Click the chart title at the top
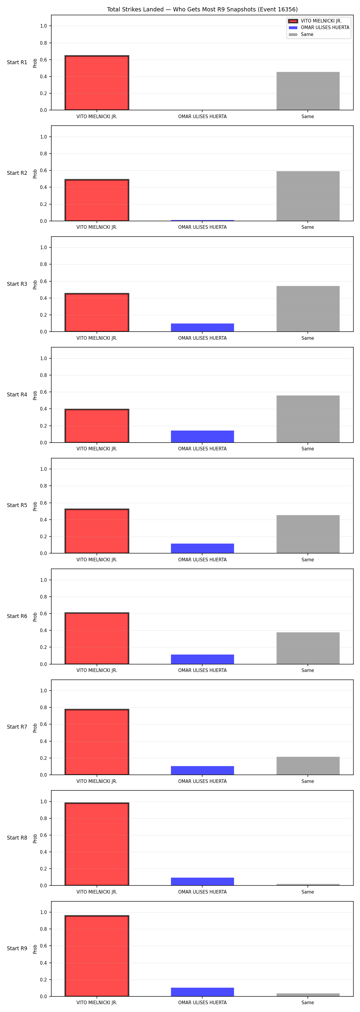202,9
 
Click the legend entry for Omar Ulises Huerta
319,28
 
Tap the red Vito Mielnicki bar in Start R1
97,83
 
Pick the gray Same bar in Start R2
308,196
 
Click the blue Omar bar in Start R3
202,328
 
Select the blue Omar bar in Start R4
202,437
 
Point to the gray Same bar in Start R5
308,534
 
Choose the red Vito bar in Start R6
97,638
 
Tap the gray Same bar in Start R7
308,766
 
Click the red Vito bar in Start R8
97,844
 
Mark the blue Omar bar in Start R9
202,992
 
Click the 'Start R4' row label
17,394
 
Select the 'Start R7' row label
17,727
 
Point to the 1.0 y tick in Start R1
43,26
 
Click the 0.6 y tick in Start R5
43,503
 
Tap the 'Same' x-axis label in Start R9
308,1003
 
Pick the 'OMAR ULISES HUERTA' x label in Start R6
202,670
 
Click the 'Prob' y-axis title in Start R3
35,285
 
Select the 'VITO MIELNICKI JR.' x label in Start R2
97,227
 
